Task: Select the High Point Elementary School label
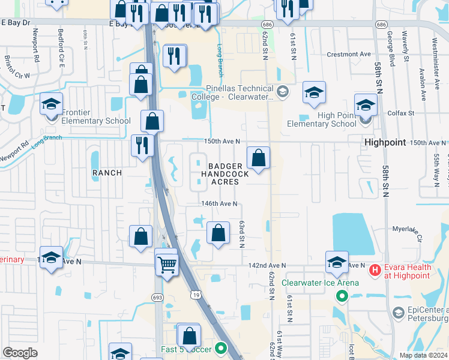(x=321, y=119)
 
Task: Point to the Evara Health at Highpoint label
(x=408, y=271)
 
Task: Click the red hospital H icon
(x=375, y=270)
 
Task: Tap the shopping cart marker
(x=166, y=263)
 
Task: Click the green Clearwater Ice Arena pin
(x=342, y=295)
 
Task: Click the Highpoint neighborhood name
(x=385, y=142)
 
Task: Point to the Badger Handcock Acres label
(x=224, y=173)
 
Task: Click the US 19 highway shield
(x=196, y=294)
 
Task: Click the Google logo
(x=20, y=353)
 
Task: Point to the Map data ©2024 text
(x=423, y=355)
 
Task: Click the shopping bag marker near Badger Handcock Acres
(x=259, y=159)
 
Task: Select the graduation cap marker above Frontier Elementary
(x=52, y=104)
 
